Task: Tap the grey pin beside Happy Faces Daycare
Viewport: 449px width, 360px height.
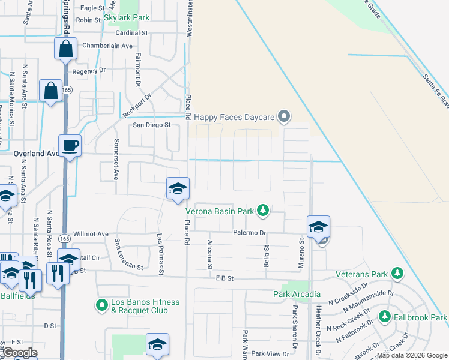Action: [285, 117]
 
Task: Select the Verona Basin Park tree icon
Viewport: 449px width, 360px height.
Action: [262, 210]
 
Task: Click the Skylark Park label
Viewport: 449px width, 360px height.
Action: [126, 18]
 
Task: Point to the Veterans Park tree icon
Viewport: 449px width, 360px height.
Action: [397, 274]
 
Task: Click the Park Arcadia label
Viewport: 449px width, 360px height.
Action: [294, 294]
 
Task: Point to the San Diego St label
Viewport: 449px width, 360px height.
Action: [152, 125]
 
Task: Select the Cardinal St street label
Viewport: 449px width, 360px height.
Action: [131, 34]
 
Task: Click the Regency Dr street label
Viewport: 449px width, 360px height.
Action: [89, 71]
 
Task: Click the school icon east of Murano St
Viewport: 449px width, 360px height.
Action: [318, 226]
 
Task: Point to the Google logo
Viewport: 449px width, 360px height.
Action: [20, 353]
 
